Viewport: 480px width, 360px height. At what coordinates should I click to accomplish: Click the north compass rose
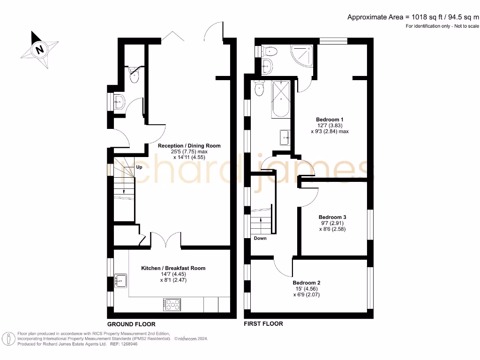pos(40,49)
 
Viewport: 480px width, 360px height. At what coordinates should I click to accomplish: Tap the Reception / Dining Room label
pos(189,146)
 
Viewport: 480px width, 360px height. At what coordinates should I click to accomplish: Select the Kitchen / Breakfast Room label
pos(173,268)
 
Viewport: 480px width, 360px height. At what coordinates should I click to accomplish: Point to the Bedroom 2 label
pos(307,283)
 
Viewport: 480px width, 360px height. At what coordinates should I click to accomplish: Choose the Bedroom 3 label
pos(332,217)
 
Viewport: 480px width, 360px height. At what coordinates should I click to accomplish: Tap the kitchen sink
pos(121,280)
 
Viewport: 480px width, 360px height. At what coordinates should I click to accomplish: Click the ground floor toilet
pos(134,75)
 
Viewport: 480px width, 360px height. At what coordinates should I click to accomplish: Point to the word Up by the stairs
pos(139,167)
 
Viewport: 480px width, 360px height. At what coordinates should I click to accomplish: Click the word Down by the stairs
pos(260,238)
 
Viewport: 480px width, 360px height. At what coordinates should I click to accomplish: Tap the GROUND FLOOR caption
pos(131,324)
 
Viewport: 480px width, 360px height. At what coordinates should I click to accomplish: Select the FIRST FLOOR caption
pos(263,324)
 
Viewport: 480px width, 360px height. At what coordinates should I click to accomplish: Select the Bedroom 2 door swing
pos(283,267)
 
